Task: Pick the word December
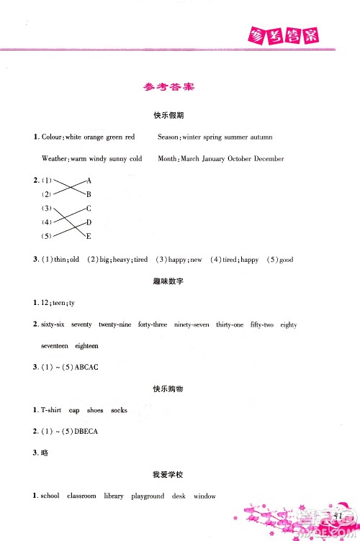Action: tap(267, 158)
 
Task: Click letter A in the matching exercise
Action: tap(89, 180)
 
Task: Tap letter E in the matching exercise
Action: tap(89, 236)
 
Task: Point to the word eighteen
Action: tap(86, 346)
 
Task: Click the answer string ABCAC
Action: tap(84, 367)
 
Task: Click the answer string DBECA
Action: tap(85, 431)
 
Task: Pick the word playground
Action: tap(148, 496)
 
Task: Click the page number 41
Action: tap(336, 514)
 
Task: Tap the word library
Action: tap(114, 496)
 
